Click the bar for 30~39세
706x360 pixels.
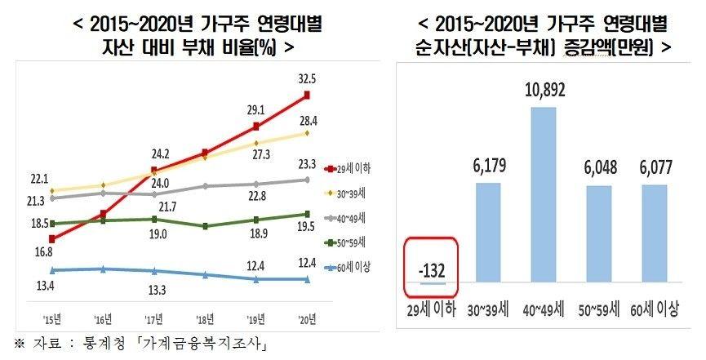(487, 233)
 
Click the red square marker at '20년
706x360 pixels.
(307, 96)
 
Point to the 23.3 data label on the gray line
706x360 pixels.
(309, 162)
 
